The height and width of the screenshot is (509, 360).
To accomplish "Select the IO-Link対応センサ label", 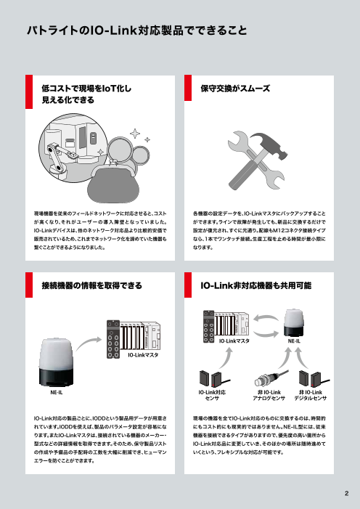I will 213,395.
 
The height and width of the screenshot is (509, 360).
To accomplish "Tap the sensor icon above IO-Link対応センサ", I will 213,378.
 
